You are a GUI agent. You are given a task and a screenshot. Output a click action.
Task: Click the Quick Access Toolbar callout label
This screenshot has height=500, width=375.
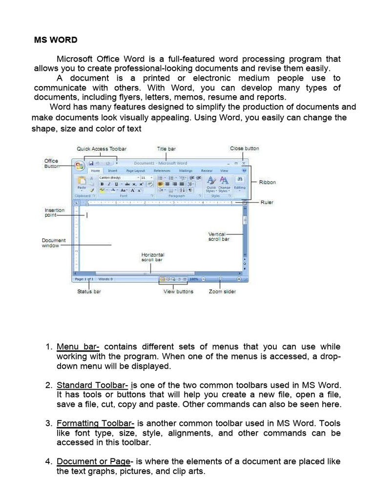tap(102, 148)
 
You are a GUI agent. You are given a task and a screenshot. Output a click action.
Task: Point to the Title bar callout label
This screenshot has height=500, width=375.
tap(166, 148)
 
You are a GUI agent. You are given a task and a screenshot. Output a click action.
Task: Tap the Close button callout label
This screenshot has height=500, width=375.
tap(245, 148)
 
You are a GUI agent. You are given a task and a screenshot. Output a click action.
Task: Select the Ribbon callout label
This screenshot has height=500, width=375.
tap(267, 182)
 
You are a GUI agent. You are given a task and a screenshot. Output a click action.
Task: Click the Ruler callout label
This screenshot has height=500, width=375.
tap(267, 202)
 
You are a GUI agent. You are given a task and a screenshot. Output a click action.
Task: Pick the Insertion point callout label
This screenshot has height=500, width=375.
tap(55, 212)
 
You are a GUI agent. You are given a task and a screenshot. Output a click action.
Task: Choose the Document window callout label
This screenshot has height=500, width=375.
tap(54, 243)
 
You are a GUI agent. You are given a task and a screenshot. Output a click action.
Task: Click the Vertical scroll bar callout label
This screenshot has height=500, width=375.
tap(218, 237)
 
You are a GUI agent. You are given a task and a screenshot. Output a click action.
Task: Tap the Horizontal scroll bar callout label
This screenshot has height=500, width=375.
tap(153, 257)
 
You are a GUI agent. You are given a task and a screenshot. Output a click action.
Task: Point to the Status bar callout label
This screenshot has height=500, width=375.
tap(89, 292)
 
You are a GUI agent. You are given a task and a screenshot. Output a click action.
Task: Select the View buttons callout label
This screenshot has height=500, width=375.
tap(178, 292)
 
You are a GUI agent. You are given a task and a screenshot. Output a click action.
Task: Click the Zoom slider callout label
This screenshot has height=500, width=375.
tap(222, 292)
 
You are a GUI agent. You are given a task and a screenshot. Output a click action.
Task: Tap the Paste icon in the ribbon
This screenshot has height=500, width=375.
tap(82, 182)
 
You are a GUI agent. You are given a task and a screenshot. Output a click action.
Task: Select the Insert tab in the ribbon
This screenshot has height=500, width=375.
tap(113, 171)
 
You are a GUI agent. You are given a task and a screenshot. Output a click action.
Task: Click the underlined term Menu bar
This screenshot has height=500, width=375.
tap(78, 347)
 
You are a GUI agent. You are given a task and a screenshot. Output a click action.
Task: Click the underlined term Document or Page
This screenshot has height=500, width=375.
tap(94, 461)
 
